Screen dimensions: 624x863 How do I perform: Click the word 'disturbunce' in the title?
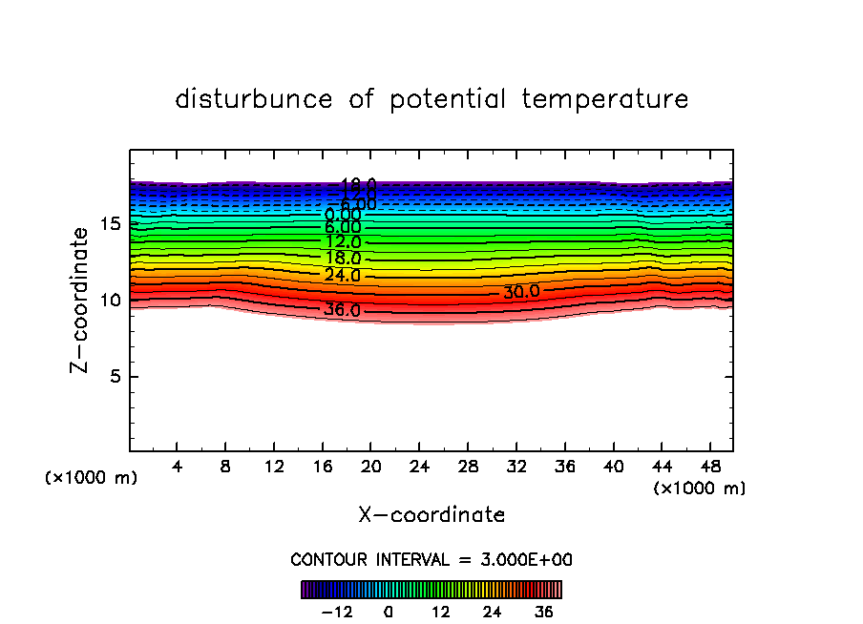[254, 99]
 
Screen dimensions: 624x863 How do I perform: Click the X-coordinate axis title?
[431, 515]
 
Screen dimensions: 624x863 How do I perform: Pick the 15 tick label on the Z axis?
[109, 224]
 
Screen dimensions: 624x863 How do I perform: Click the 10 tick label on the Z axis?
[109, 301]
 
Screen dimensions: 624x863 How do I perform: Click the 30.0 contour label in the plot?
[521, 292]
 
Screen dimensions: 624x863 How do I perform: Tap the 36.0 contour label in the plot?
[342, 310]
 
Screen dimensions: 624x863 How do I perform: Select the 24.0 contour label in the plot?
[343, 276]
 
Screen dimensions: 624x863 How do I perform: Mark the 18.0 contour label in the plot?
[343, 259]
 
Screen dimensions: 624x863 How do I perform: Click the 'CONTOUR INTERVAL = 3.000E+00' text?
[431, 560]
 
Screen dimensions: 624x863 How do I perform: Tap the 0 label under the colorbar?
[389, 612]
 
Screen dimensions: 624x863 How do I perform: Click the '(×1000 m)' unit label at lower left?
[92, 478]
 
